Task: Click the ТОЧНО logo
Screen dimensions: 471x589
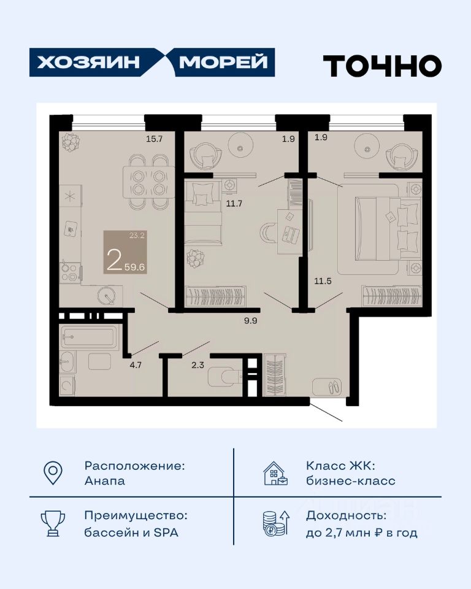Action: pos(382,66)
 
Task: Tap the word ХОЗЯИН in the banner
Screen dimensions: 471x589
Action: pos(88,63)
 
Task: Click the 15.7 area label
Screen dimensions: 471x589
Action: pos(154,139)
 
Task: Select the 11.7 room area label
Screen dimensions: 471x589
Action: pos(234,204)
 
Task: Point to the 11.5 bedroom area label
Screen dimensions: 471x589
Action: pos(323,281)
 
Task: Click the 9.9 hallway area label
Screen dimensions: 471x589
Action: pos(250,321)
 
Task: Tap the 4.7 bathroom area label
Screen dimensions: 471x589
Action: pos(136,364)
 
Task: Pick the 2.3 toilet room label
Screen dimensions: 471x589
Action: pos(197,364)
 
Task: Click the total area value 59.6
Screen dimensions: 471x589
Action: pos(135,267)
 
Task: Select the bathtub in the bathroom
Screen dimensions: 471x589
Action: pos(90,336)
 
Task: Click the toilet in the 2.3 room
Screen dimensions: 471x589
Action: pos(224,376)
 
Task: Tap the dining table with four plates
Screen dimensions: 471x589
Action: pos(149,182)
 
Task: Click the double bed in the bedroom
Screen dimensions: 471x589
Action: pos(387,229)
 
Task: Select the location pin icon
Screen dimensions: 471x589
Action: pos(53,472)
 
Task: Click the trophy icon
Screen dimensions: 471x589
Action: pos(53,523)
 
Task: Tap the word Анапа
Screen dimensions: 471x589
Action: pos(105,481)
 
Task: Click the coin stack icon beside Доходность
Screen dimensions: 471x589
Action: pos(276,523)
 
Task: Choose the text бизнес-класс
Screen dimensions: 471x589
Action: pos(350,481)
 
